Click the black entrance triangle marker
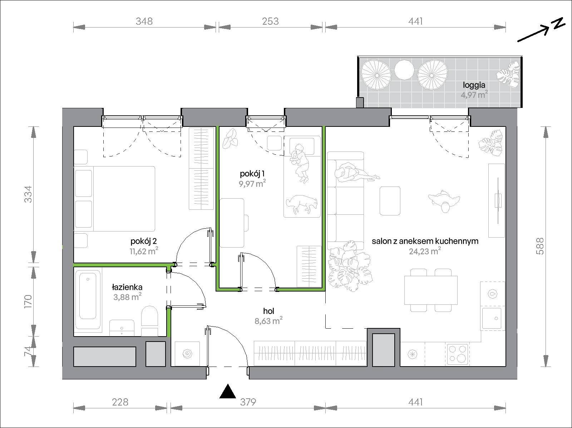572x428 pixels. point(227,392)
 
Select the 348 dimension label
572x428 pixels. point(144,21)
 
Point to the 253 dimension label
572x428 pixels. point(270,21)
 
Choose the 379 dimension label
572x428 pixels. point(248,402)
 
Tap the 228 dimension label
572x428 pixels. point(120,402)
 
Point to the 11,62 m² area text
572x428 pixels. point(144,251)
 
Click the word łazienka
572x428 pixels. point(127,287)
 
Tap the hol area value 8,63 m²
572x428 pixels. point(269,321)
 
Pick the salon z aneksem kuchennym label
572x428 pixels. point(425,241)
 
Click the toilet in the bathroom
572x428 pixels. point(149,321)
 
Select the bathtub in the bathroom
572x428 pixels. point(88,299)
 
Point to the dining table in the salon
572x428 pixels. point(431,290)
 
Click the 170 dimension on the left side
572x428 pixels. point(28,301)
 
